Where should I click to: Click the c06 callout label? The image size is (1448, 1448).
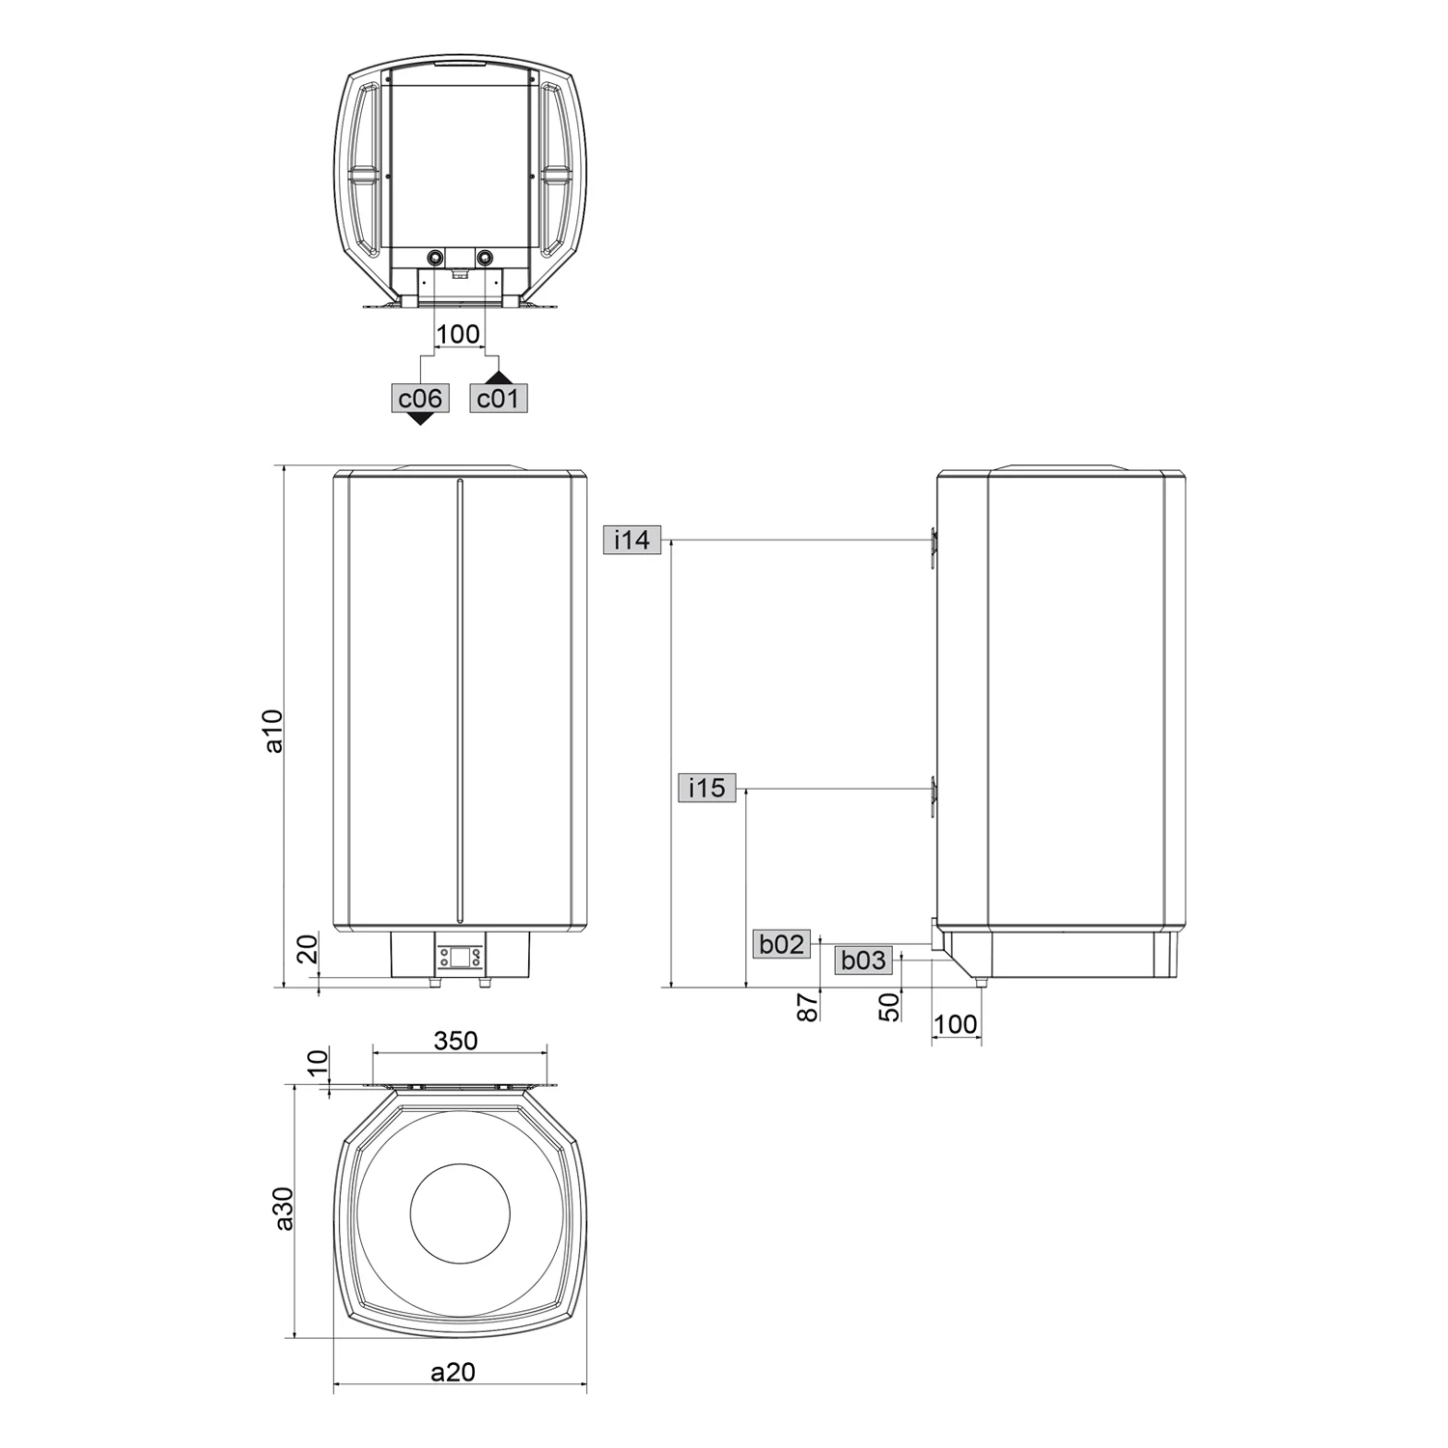click(x=420, y=398)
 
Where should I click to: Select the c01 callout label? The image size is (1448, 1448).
click(x=498, y=398)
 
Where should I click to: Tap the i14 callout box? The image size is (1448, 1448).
click(x=632, y=540)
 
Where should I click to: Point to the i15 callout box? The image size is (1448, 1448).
click(x=707, y=788)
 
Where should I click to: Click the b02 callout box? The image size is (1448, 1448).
click(x=781, y=943)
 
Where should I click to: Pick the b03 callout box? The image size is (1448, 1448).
click(x=863, y=960)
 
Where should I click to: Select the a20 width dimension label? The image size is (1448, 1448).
click(x=453, y=1372)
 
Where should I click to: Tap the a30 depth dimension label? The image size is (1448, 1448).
click(x=283, y=1209)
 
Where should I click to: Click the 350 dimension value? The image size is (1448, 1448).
click(x=456, y=1040)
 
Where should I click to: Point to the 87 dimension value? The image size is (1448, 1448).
click(x=808, y=1007)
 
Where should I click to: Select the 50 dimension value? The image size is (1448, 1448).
click(x=890, y=1007)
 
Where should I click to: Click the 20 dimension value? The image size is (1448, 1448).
click(x=307, y=950)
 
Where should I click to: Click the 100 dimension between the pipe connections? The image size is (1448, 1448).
click(x=458, y=334)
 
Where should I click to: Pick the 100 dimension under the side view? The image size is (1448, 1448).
click(x=956, y=1024)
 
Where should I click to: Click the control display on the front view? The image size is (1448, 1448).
click(x=459, y=957)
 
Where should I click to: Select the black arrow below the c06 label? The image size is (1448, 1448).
click(x=420, y=418)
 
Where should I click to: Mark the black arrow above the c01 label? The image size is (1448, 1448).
click(x=498, y=377)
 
